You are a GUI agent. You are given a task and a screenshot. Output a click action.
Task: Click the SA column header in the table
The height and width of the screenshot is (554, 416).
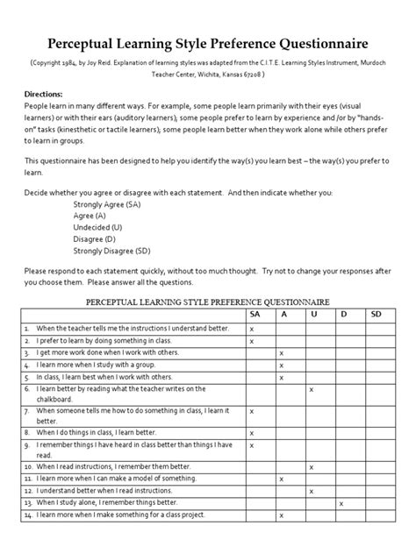[x=255, y=313]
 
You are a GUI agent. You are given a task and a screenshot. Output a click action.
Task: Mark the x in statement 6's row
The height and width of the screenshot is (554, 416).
[x=311, y=388]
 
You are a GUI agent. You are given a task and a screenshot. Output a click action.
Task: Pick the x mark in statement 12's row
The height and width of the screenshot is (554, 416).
[x=311, y=491]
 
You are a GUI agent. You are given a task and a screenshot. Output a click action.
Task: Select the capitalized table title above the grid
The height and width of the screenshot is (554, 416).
[x=207, y=300]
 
